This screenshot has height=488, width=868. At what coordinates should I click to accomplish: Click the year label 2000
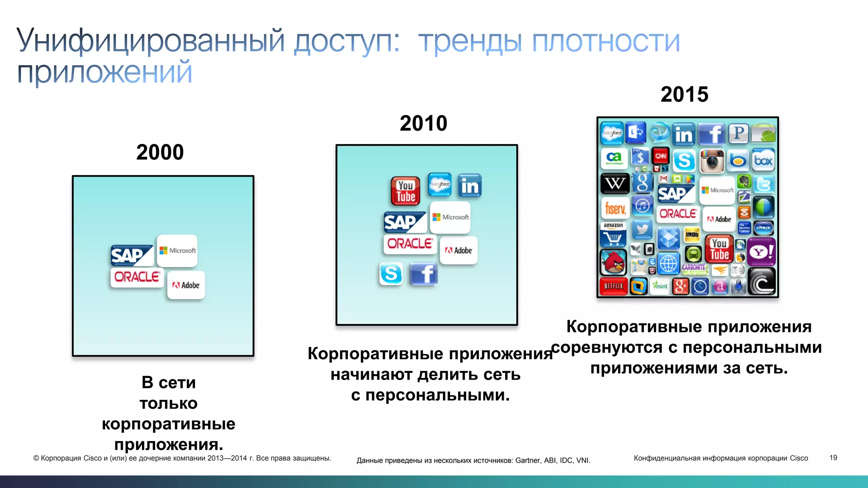pos(160,152)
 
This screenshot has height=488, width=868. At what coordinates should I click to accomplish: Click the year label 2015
pos(684,94)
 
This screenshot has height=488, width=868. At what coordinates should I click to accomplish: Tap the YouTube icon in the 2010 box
pos(406,191)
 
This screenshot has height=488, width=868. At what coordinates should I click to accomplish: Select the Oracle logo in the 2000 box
pos(137,277)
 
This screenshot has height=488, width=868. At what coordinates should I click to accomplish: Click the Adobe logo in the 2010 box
pos(459,250)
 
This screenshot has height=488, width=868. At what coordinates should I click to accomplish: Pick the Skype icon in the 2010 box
pos(390,274)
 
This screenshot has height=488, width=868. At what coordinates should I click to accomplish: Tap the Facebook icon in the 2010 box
pos(423,274)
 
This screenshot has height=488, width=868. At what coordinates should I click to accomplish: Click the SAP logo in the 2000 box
pos(131,255)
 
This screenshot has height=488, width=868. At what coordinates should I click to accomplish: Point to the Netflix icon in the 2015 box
pos(613,286)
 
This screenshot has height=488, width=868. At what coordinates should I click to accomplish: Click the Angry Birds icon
pos(613,262)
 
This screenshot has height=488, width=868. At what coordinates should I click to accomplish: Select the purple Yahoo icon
pos(761,252)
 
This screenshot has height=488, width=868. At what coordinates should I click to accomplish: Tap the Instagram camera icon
pos(712,161)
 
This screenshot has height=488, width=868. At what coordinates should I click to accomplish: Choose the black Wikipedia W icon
pos(615,183)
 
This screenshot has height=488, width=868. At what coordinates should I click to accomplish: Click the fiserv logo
pos(615,208)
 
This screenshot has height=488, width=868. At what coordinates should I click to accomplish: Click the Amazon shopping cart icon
pos(613,236)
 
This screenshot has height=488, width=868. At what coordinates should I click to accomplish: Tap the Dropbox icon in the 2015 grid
pos(668,238)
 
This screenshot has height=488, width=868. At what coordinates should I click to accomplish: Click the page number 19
pos(833,458)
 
